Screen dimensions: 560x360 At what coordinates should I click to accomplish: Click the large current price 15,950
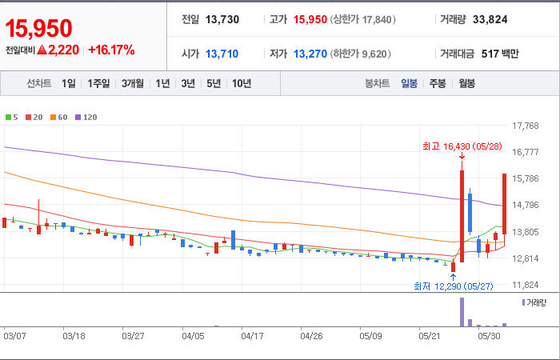[38, 29]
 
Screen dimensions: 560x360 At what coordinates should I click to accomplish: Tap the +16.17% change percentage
[111, 50]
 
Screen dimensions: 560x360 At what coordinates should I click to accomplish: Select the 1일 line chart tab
[69, 83]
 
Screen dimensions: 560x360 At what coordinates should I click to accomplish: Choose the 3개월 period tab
[133, 83]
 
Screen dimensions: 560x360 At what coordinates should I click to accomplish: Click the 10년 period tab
[242, 83]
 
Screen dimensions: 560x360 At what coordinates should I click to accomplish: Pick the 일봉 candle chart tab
[409, 83]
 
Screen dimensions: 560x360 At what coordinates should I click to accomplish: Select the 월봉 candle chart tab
[466, 83]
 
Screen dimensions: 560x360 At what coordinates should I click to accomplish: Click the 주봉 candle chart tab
[438, 83]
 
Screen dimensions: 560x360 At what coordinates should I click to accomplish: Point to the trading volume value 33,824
[490, 20]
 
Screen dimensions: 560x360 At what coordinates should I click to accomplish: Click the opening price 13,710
[222, 54]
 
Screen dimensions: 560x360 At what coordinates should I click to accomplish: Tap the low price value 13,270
[310, 54]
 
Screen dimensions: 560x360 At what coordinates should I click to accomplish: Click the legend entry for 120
[86, 117]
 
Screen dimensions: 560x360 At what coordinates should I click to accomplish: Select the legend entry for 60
[59, 117]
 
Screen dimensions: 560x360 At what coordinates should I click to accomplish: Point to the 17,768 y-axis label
[525, 126]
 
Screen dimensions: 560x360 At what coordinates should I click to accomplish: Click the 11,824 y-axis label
[525, 285]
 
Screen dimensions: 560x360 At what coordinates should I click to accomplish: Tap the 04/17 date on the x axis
[252, 336]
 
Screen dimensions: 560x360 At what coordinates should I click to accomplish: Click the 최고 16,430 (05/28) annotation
[462, 146]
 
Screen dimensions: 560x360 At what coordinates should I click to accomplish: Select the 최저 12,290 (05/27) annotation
[454, 286]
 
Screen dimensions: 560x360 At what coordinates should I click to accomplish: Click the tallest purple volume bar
[462, 312]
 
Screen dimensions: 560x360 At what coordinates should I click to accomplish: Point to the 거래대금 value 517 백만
[500, 54]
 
